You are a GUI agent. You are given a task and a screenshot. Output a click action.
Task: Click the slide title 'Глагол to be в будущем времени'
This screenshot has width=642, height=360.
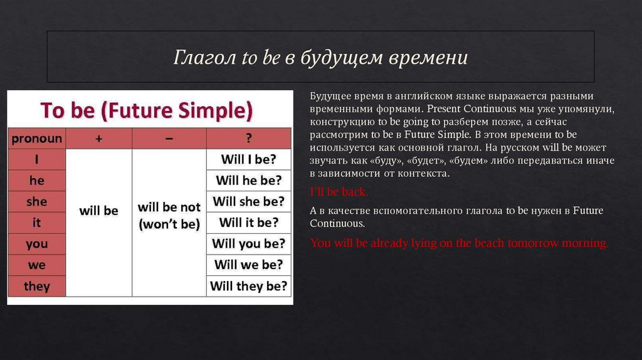point(320,58)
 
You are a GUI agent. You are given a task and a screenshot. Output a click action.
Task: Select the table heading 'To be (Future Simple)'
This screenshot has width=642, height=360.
point(147,110)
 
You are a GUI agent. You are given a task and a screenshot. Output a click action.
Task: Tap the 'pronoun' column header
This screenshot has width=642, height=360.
point(36,139)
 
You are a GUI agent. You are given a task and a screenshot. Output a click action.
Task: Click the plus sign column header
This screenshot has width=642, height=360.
point(98,139)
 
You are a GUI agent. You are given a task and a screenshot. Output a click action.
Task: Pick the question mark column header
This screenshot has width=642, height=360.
point(248,139)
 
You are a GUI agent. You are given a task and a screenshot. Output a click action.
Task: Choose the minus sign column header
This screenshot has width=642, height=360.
point(169,139)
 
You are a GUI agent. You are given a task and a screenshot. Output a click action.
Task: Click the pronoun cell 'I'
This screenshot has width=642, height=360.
point(36,159)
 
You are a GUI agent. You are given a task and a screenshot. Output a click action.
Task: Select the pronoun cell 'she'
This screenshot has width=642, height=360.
point(36,201)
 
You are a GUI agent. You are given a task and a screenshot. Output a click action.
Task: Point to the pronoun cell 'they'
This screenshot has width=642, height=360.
point(36,286)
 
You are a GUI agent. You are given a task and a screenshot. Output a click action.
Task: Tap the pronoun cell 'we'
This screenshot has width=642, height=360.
point(36,265)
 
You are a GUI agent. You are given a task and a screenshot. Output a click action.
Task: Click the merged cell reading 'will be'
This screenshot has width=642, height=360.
point(98,211)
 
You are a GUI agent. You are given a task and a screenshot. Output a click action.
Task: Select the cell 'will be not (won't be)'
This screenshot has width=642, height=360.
point(169,215)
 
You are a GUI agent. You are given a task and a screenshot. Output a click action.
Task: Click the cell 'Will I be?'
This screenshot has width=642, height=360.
point(248,159)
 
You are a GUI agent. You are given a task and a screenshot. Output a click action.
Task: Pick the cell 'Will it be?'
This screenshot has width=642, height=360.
point(248,223)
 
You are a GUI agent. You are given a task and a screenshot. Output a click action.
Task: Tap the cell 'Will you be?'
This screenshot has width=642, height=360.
point(248,243)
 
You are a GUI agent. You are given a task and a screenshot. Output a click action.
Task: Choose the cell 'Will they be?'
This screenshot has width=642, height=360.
point(248,286)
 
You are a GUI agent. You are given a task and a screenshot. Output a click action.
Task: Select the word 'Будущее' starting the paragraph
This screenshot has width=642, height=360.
point(328,96)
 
